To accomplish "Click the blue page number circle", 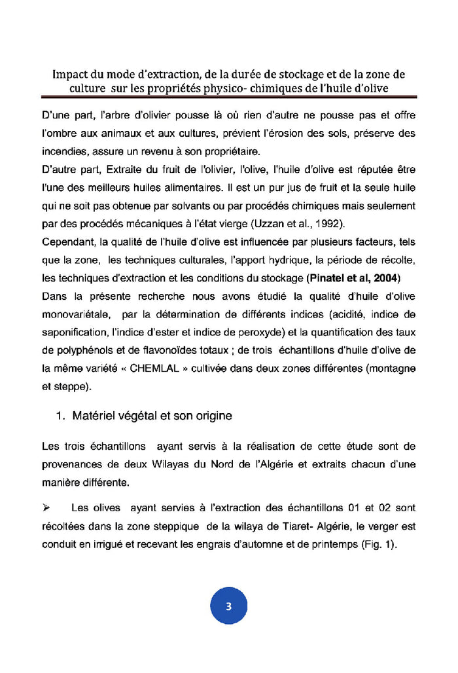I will [228, 606].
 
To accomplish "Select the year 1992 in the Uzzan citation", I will [345, 223].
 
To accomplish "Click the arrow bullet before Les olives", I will [46, 507].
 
